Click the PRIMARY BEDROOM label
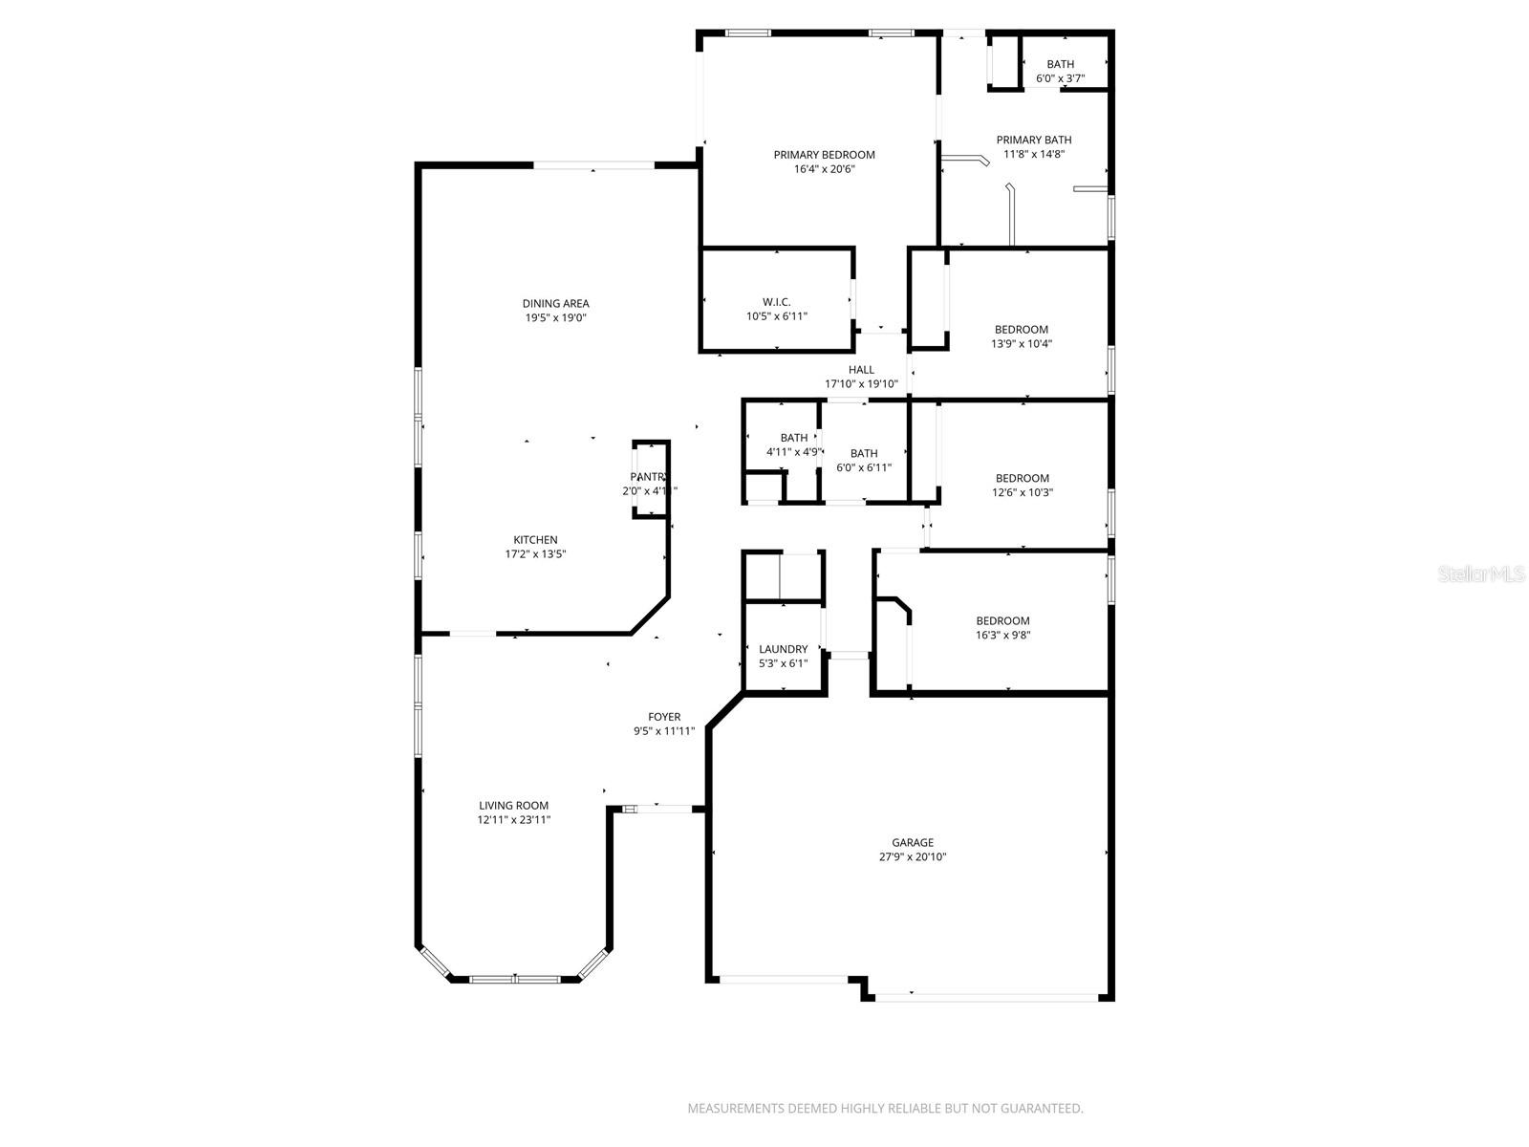point(824,155)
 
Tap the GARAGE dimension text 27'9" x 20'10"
point(913,857)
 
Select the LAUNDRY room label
point(783,649)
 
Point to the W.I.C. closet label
point(776,302)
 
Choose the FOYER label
point(664,717)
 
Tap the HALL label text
point(861,370)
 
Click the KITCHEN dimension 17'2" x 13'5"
point(535,554)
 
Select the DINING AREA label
point(555,304)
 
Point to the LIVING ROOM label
point(514,806)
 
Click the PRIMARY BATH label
point(1034,140)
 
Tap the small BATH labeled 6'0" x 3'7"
point(1060,65)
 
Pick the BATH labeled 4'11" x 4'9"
point(793,438)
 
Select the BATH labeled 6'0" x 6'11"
point(864,454)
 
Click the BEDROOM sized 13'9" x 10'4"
point(1021,330)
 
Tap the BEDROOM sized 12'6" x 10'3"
point(1022,479)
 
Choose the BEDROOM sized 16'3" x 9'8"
point(1002,621)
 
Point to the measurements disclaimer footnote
point(885,1109)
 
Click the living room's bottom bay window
point(515,979)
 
